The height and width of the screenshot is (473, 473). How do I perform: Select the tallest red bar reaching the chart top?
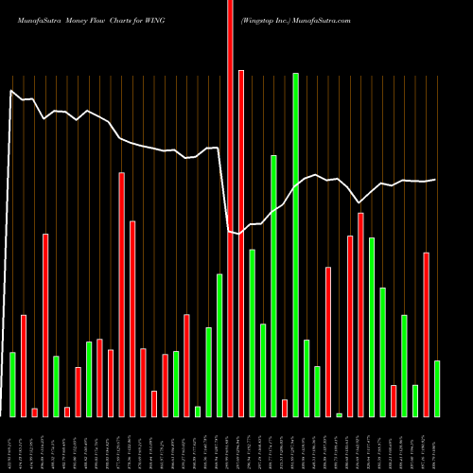230,208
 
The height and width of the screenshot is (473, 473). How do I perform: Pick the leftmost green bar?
12,384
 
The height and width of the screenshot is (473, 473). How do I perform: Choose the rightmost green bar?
437,388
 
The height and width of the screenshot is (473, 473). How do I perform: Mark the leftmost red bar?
24,365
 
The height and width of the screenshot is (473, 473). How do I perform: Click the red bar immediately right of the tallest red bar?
241,243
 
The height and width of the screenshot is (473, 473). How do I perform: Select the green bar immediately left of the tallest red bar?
219,345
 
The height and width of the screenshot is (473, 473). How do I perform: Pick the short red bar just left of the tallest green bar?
285,408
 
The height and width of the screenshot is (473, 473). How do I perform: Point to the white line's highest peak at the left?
11,91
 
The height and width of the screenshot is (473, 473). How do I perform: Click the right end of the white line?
435,180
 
